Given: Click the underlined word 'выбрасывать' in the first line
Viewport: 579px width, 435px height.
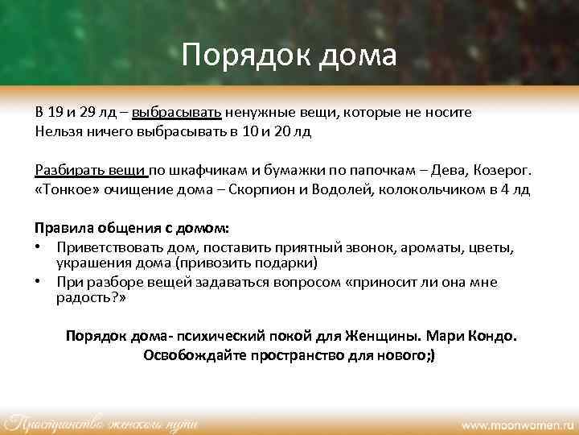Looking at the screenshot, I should point(178,113).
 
